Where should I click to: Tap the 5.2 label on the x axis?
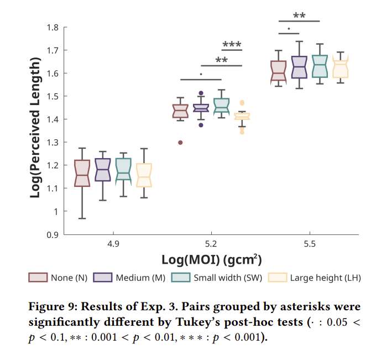click(x=211, y=243)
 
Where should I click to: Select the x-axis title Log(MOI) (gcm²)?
click(x=211, y=259)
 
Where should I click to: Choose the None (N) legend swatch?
click(x=37, y=278)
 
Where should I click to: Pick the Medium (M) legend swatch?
click(x=103, y=278)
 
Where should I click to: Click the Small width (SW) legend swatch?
click(x=181, y=278)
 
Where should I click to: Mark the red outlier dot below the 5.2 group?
click(x=180, y=143)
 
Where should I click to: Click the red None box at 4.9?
click(x=82, y=174)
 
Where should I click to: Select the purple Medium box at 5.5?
click(x=299, y=67)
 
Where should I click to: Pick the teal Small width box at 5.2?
click(x=222, y=105)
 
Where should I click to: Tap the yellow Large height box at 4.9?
click(x=144, y=175)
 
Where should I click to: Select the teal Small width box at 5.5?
click(x=320, y=66)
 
